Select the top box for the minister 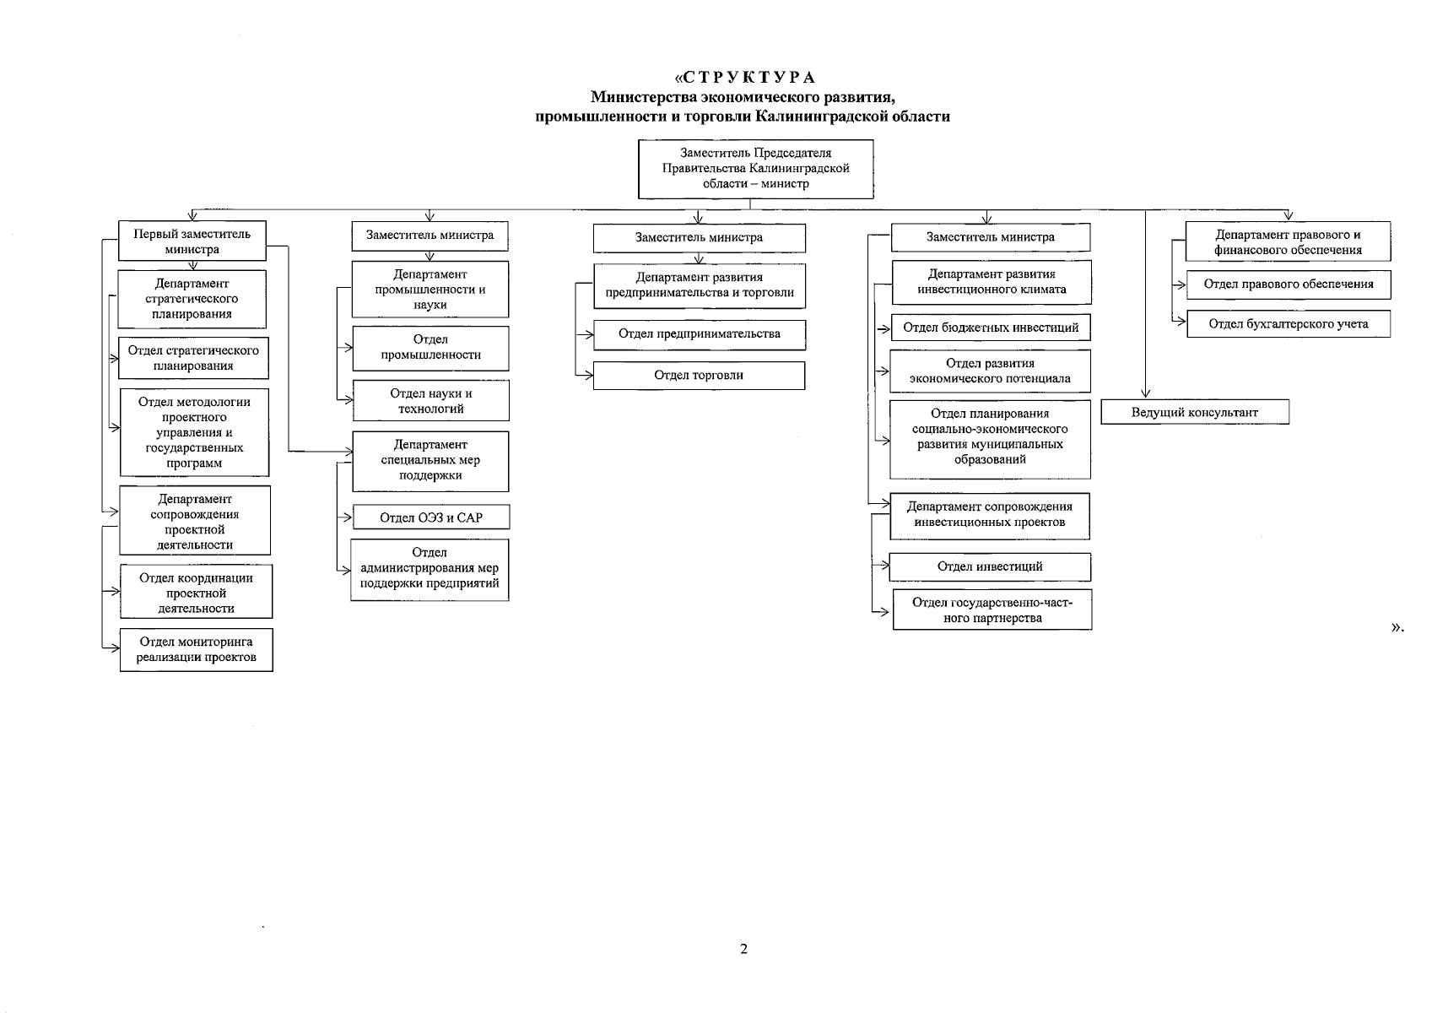755,169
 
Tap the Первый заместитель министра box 192,241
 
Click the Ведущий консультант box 1194,412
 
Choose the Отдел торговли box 699,376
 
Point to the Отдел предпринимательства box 699,334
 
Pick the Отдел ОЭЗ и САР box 430,517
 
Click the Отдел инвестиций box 990,566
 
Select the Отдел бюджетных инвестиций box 991,328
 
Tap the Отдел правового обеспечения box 1288,284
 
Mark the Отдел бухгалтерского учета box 1288,324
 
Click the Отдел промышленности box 430,348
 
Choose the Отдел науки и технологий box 430,401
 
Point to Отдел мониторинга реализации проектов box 196,650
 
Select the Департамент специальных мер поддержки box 430,461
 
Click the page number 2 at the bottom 743,949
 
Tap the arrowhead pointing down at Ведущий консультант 1145,393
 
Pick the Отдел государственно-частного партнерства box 992,610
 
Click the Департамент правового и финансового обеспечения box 1288,242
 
